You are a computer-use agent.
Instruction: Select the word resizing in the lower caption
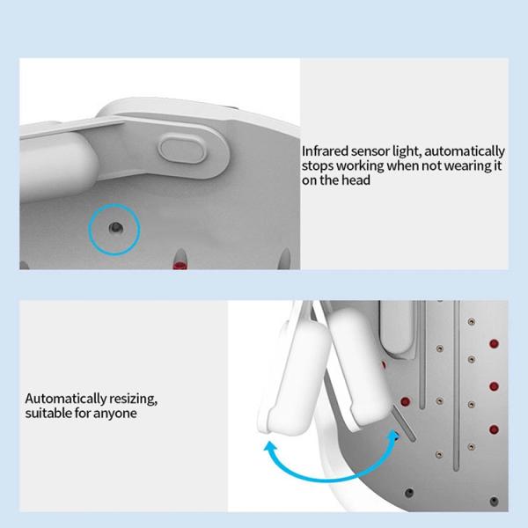tap(133, 399)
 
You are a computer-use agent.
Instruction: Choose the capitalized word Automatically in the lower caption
tap(66, 399)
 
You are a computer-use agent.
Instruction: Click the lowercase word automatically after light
tap(465, 151)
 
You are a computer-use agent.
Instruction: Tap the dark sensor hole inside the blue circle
tap(115, 228)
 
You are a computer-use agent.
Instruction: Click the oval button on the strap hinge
tap(182, 149)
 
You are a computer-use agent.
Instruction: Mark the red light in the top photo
tap(180, 265)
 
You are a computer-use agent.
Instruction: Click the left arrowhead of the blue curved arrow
tap(270, 447)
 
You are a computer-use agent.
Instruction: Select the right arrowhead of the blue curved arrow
tap(393, 435)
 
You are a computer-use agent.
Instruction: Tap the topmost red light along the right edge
tap(494, 344)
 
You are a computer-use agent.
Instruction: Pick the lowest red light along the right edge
tap(494, 429)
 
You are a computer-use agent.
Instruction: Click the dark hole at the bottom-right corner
tap(494, 501)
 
